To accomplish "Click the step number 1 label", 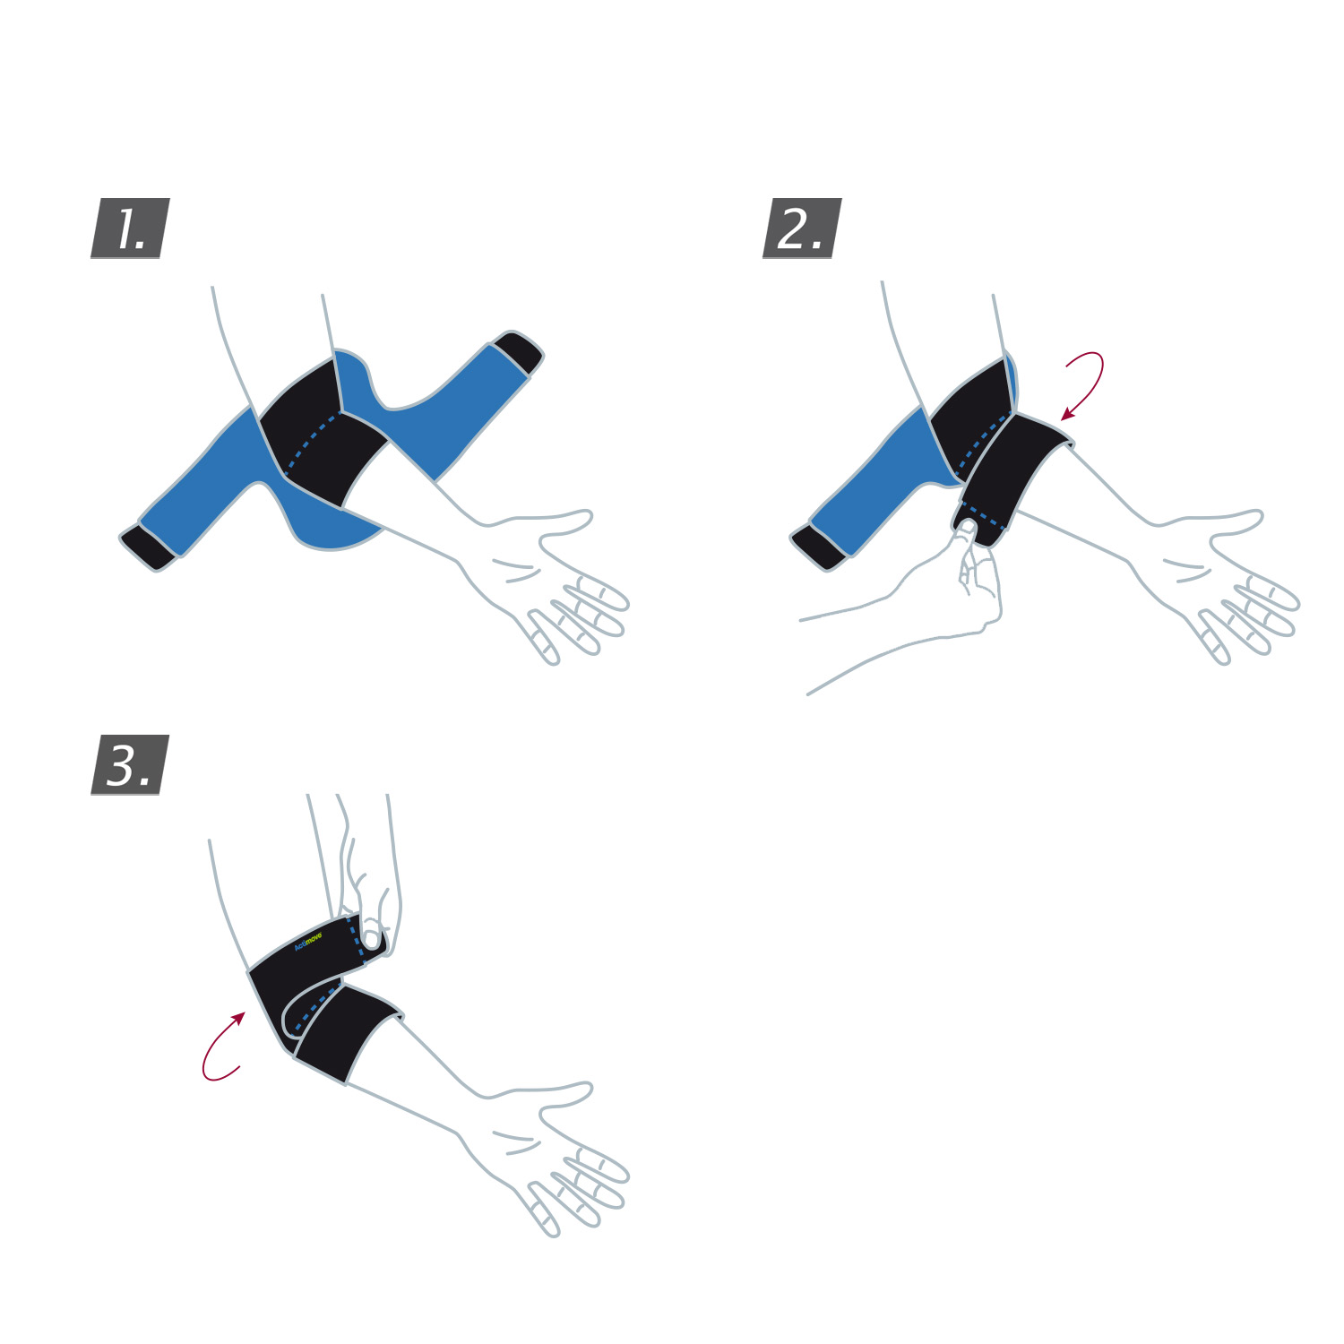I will pyautogui.click(x=131, y=228).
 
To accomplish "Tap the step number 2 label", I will pyautogui.click(x=802, y=228).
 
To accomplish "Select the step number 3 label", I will pyautogui.click(x=131, y=765).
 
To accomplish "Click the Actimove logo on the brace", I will pyautogui.click(x=308, y=941).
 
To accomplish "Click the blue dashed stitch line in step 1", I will pyautogui.click(x=309, y=439).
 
